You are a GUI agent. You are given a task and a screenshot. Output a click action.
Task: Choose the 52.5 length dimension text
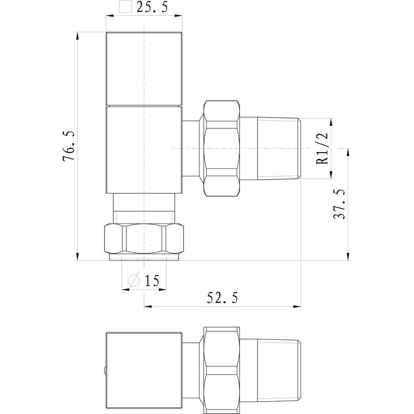pyautogui.click(x=223, y=297)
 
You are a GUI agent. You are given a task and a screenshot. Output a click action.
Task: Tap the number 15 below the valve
pyautogui.click(x=152, y=281)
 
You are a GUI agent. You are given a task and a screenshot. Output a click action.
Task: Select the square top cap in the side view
pyautogui.click(x=144, y=68)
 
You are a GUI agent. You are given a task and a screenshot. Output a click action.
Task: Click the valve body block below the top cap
pyautogui.click(x=144, y=149)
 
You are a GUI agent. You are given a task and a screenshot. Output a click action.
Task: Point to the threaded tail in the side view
pyautogui.click(x=277, y=148)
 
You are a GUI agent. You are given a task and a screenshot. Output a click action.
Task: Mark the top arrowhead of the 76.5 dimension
pyautogui.click(x=77, y=36)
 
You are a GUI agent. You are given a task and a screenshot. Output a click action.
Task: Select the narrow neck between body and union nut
pyautogui.click(x=191, y=148)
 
